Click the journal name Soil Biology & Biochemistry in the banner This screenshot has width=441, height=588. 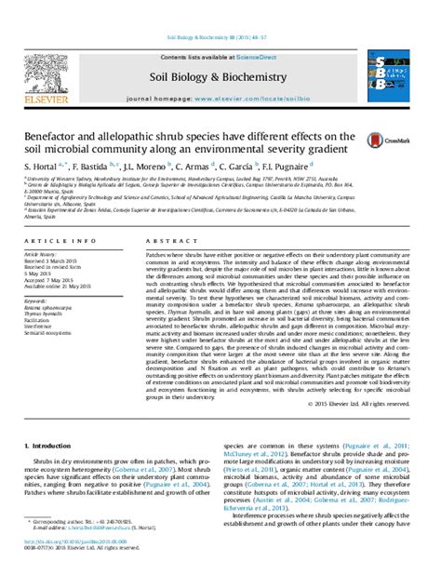click(220, 78)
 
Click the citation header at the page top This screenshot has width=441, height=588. click(220, 38)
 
